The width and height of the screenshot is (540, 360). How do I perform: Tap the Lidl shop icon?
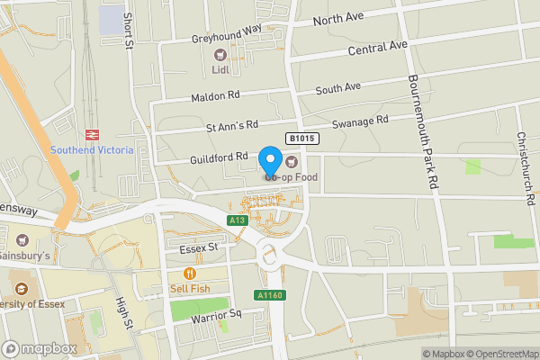tap(220, 56)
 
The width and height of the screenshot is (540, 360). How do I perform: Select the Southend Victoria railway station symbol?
tap(92, 133)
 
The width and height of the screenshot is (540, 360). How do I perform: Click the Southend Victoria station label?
tap(92, 149)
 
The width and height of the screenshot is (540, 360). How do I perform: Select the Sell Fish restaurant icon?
tap(189, 274)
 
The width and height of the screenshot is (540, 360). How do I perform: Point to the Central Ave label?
tap(373, 47)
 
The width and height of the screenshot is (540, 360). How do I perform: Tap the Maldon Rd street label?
tap(216, 95)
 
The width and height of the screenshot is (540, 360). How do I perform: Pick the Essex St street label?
tap(200, 247)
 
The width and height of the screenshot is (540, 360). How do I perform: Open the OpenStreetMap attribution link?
tap(501, 354)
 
